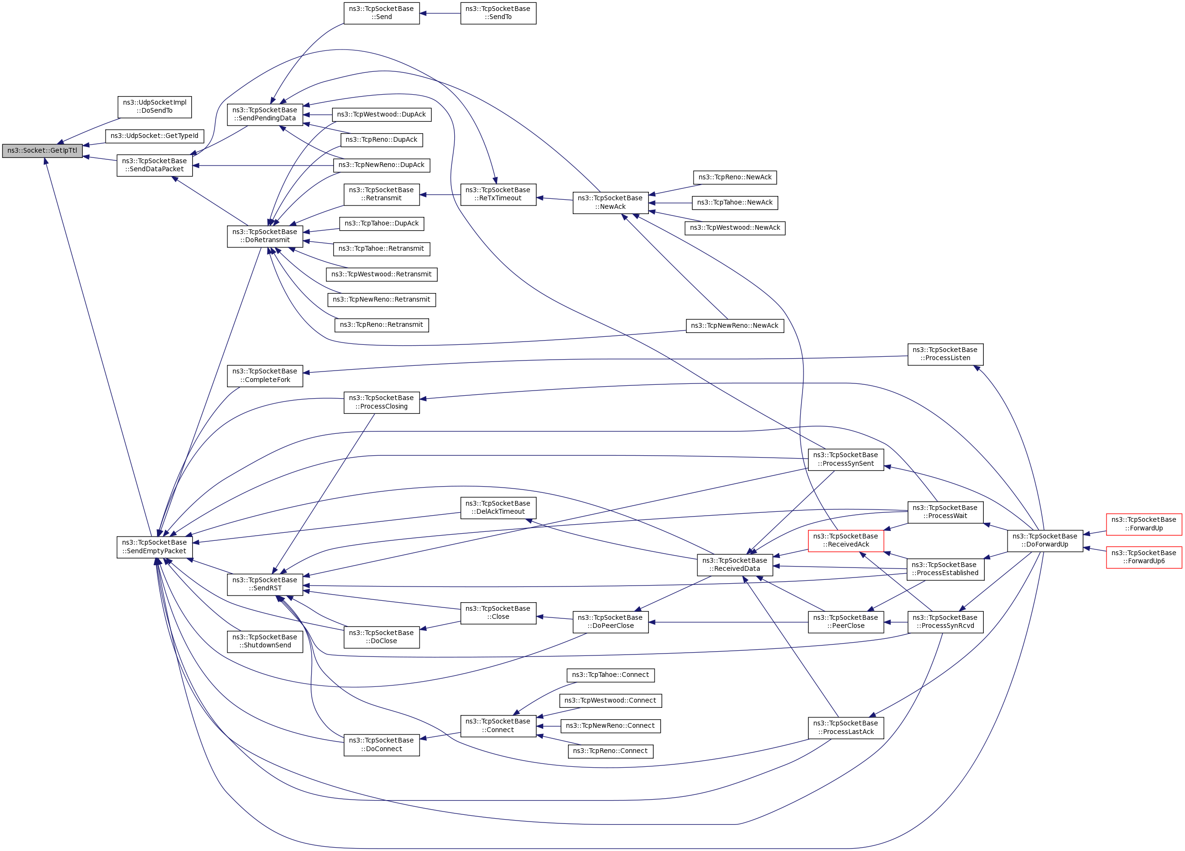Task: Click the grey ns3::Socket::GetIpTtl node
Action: pyautogui.click(x=42, y=151)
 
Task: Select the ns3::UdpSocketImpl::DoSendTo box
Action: pyautogui.click(x=155, y=107)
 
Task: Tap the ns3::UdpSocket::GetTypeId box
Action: pyautogui.click(x=155, y=137)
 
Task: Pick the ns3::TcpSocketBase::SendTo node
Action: pyautogui.click(x=498, y=13)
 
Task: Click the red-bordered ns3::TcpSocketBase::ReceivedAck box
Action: pyautogui.click(x=845, y=541)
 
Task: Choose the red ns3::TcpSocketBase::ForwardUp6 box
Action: pyautogui.click(x=1144, y=558)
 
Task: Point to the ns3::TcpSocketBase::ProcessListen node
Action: pyautogui.click(x=945, y=354)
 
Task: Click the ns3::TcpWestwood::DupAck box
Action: pyautogui.click(x=382, y=115)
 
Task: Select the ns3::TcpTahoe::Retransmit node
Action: pyautogui.click(x=382, y=249)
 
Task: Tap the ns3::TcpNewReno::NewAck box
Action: pyautogui.click(x=735, y=326)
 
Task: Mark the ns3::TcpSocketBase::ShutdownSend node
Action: pyautogui.click(x=265, y=642)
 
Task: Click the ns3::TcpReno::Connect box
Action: pyautogui.click(x=610, y=751)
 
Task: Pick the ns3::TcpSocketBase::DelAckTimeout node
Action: pyautogui.click(x=498, y=508)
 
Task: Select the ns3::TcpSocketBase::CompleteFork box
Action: pyautogui.click(x=265, y=376)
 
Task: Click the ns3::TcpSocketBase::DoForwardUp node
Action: pyautogui.click(x=1045, y=541)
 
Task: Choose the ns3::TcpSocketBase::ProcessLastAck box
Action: pyautogui.click(x=845, y=728)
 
